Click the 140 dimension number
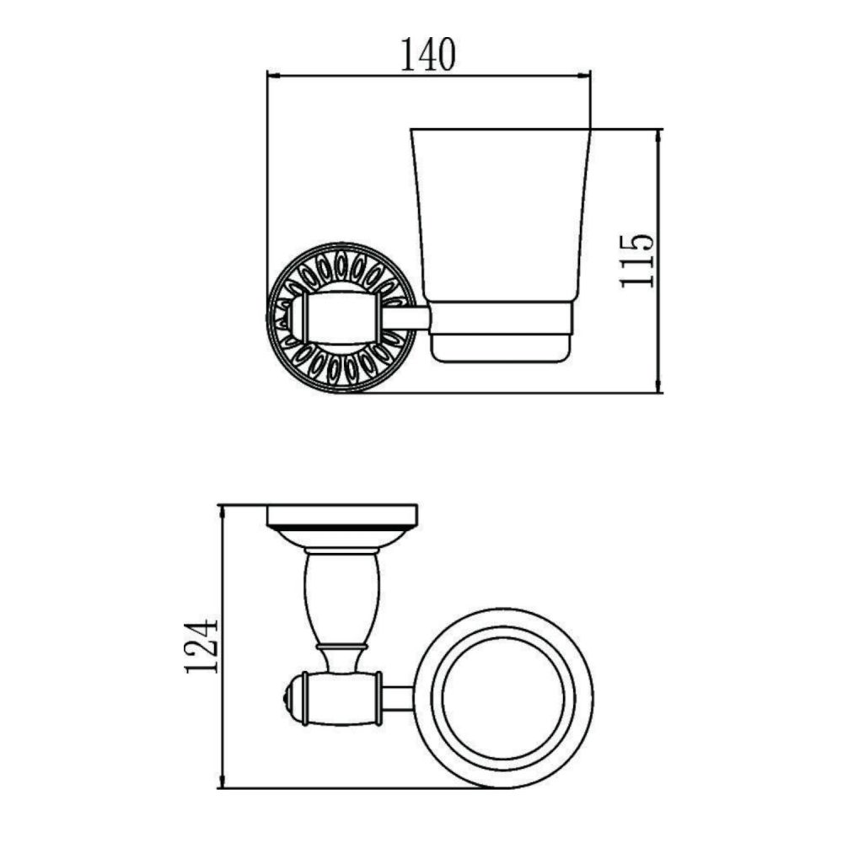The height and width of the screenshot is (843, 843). point(427,55)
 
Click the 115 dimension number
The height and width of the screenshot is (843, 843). point(636,260)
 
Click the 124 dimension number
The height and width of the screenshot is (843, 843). point(201,647)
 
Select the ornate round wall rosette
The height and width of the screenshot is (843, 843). point(341,319)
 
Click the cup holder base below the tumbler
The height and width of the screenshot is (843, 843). point(502,334)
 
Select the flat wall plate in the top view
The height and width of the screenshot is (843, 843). point(342,515)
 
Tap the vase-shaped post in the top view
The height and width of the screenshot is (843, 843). point(342,594)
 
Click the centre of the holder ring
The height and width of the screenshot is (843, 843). point(504,697)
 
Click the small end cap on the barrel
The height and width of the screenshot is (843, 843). point(292,698)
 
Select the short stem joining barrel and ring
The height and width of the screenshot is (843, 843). point(398,698)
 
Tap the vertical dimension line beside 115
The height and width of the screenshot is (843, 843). point(658,260)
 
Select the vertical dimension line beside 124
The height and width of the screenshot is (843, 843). point(222,647)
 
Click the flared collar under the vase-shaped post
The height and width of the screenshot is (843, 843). point(342,657)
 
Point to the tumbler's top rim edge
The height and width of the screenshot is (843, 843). point(500,130)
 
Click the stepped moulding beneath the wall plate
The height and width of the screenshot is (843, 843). point(342,536)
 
